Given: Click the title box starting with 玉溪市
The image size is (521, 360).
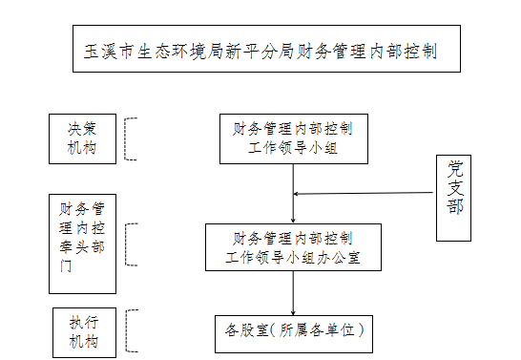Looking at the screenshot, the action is pos(266,50).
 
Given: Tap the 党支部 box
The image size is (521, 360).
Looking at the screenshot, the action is pos(454,198).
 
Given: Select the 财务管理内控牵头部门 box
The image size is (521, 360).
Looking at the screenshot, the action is pos(82,244).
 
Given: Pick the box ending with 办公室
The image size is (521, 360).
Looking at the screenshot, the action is pos(293,247).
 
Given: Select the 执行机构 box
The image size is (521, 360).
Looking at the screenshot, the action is pos(83,330).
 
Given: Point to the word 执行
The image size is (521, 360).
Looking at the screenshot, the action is pos(83,321).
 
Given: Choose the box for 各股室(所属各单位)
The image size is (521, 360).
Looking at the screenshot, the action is pos(294,330).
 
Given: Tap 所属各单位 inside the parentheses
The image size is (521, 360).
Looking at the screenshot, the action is pos(317,330).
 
